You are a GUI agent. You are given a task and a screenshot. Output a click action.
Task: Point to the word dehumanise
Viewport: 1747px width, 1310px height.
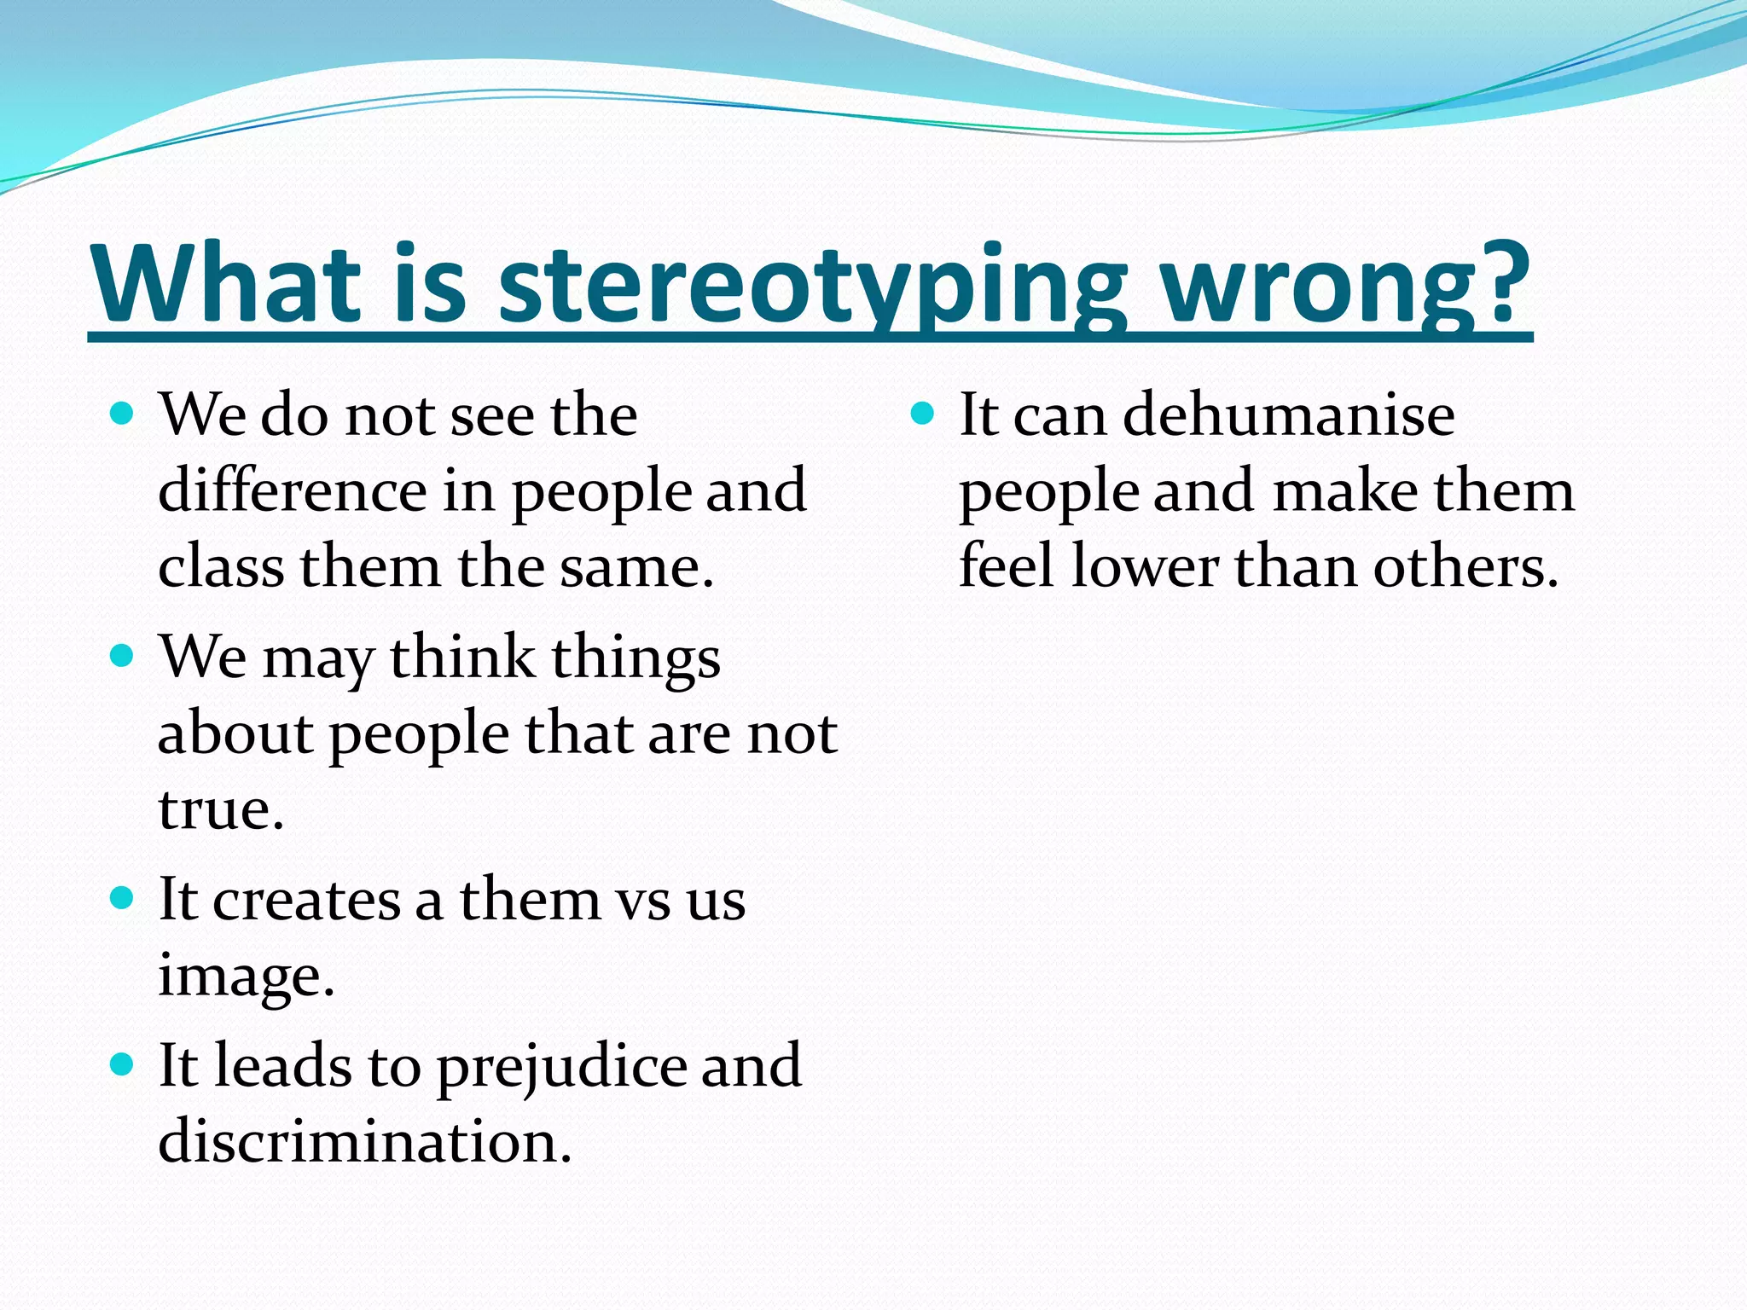point(1288,414)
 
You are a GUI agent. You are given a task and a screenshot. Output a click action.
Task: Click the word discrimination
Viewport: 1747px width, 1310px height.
point(364,1141)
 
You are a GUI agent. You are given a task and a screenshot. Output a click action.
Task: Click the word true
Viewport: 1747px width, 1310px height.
point(219,809)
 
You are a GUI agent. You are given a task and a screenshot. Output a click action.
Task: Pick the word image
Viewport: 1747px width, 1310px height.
point(245,976)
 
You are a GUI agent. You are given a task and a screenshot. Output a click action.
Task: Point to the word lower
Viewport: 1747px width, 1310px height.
point(1146,566)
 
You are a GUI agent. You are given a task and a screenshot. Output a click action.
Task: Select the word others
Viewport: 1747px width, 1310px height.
point(1464,566)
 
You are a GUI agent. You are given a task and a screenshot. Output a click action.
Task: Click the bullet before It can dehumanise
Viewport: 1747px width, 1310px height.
point(923,414)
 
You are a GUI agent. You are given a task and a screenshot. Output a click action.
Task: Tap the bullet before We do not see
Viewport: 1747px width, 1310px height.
point(123,414)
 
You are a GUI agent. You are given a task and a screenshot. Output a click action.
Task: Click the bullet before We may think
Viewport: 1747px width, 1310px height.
point(123,657)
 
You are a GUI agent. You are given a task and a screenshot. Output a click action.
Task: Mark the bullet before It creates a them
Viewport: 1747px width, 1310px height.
point(123,899)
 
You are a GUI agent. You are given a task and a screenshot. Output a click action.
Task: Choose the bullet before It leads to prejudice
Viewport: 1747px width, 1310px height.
point(123,1064)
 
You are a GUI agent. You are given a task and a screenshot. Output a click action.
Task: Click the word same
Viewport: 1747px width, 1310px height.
point(635,568)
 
